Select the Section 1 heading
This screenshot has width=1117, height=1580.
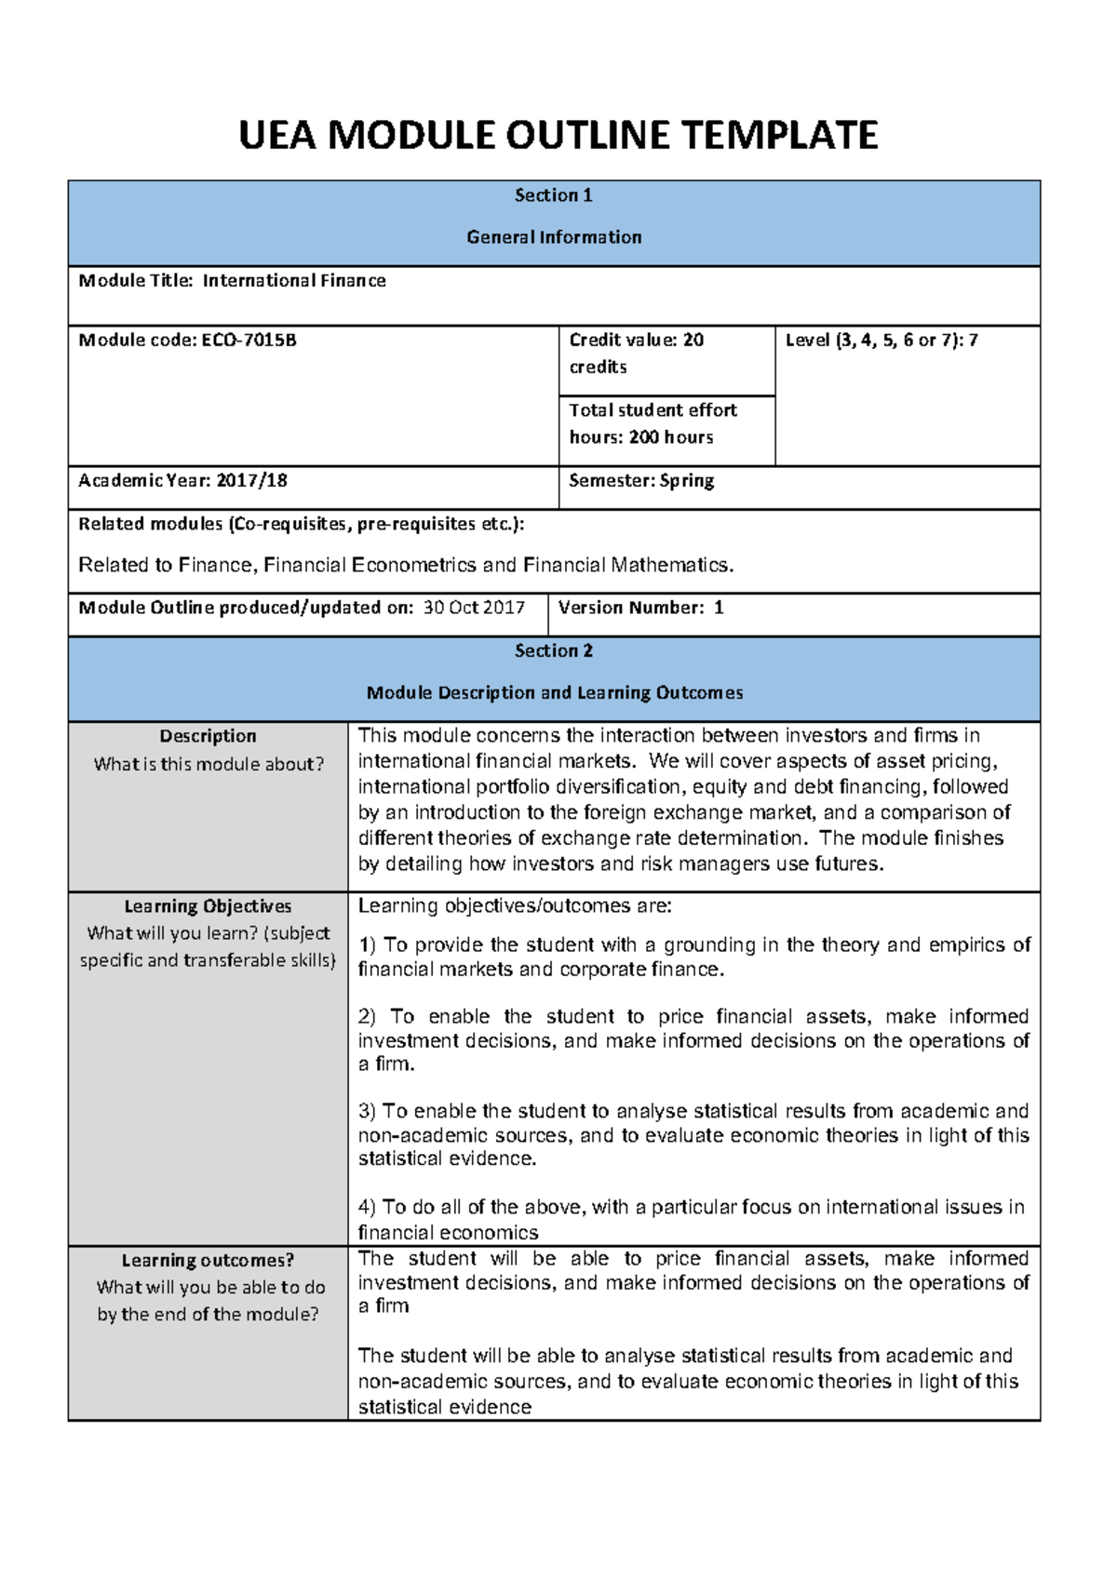[554, 195]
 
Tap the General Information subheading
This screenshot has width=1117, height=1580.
[554, 237]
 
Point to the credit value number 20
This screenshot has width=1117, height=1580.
[693, 341]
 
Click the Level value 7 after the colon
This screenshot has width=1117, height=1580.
[974, 341]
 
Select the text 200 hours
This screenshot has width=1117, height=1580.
[671, 437]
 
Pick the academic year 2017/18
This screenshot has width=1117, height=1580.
[252, 481]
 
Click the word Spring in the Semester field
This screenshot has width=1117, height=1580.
[687, 481]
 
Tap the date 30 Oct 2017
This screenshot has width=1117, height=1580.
[474, 608]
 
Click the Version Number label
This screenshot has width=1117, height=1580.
[630, 608]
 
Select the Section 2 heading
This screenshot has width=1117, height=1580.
[554, 651]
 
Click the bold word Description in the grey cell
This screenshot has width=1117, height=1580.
[208, 736]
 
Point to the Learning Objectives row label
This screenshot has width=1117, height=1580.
[208, 906]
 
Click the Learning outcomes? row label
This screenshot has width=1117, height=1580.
[208, 1261]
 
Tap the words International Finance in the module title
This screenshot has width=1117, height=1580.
[294, 281]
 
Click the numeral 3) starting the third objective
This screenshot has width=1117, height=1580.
[367, 1111]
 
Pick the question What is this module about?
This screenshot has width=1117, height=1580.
[209, 765]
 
